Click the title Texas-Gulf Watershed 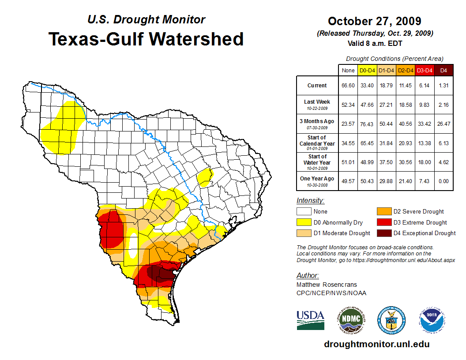146,39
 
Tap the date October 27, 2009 375,21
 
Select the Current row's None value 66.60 348,86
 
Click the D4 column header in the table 443,71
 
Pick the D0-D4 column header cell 367,71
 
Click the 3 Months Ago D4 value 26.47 443,124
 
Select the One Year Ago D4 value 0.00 443,181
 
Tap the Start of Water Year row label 317,160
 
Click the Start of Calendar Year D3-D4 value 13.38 425,144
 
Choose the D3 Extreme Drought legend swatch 383,222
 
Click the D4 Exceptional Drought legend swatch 383,233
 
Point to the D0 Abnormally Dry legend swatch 304,222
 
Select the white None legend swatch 304,212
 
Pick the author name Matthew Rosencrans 327,285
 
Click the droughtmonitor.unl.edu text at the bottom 376,344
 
